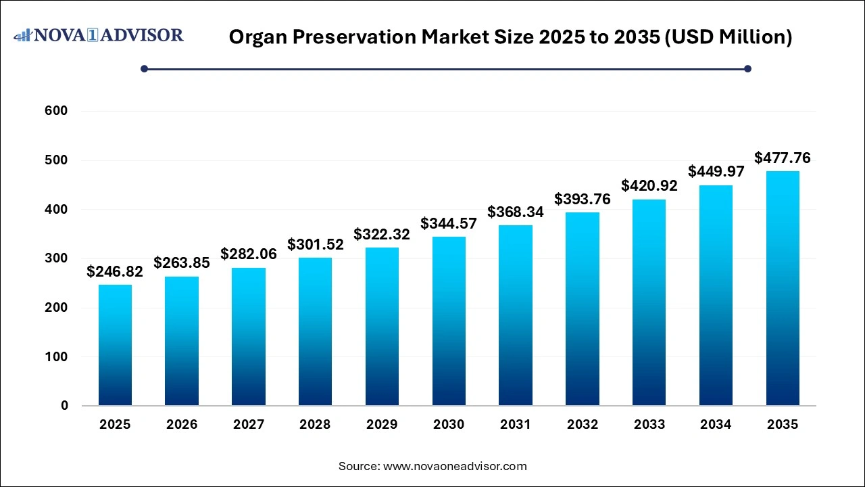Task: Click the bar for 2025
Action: tap(115, 345)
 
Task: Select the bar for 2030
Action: tap(449, 321)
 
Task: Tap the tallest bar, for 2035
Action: tap(783, 288)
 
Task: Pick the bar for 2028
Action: tap(315, 331)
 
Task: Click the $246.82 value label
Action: tap(115, 271)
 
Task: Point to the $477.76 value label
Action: tap(783, 158)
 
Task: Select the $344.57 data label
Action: tap(449, 223)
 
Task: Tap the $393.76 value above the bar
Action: tap(583, 199)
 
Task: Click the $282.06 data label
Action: tap(249, 254)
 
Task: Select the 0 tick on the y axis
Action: tap(64, 406)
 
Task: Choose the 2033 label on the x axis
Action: tap(649, 425)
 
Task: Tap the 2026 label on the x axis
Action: tap(182, 425)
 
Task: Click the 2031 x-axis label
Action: tap(516, 425)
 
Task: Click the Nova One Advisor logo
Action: tap(99, 35)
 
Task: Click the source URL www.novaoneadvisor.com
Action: tap(455, 466)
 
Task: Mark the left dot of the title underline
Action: tap(144, 68)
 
